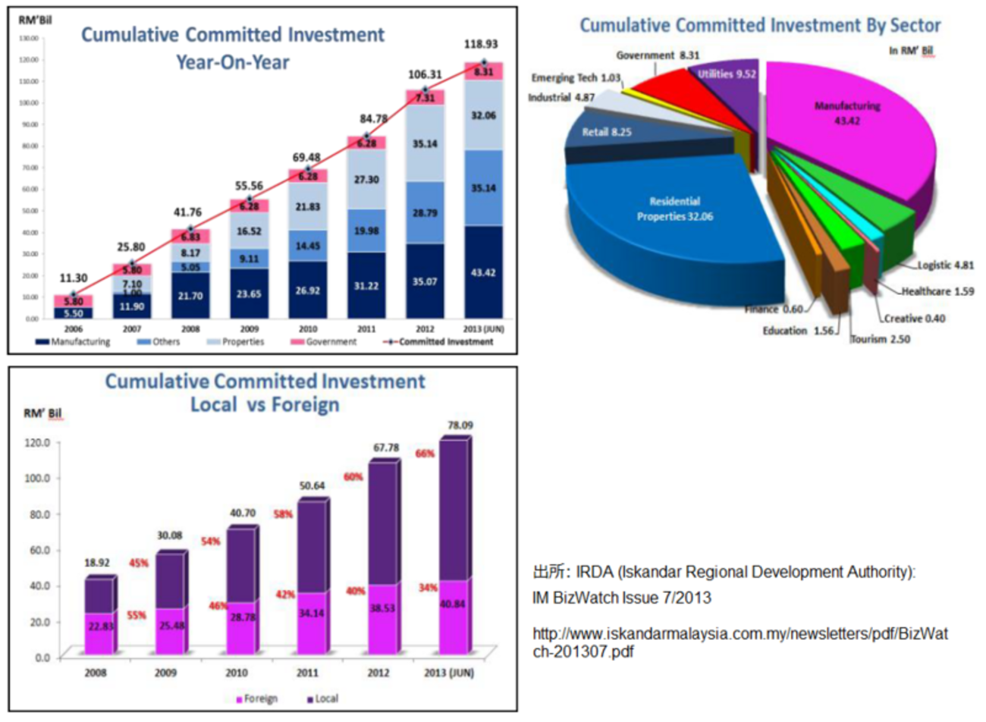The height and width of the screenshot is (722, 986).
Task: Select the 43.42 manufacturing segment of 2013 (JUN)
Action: (483, 272)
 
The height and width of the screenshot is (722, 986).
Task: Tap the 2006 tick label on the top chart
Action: (74, 329)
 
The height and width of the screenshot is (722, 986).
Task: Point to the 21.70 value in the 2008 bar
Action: (190, 296)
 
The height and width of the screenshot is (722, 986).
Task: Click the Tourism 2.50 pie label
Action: (880, 339)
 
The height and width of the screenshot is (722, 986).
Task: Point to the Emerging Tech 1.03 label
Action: (576, 78)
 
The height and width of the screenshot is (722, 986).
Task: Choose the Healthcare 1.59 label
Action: (937, 291)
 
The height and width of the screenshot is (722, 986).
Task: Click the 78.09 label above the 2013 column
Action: (460, 425)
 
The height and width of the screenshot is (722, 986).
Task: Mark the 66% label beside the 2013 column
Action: (425, 454)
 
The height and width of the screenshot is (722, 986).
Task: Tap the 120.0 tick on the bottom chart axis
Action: (36, 441)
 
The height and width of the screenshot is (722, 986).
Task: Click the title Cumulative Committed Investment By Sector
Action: (760, 25)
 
